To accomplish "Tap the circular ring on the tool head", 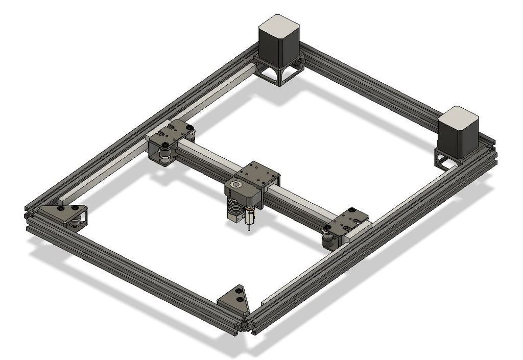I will (237, 185).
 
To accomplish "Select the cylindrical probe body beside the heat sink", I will (249, 217).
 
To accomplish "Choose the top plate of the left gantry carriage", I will (171, 132).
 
